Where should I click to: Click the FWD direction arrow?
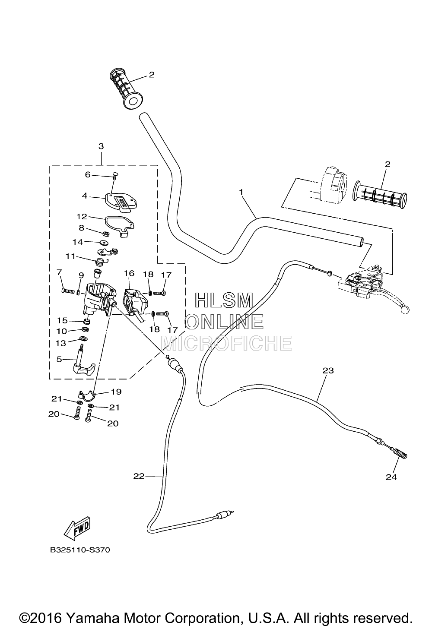tap(77, 528)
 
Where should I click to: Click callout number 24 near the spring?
tap(391, 477)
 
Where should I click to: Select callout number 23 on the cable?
tap(328, 371)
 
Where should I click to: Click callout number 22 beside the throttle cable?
tap(139, 476)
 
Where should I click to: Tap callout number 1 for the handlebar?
tap(241, 192)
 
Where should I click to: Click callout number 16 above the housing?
tap(129, 273)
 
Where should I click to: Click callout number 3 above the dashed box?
tap(101, 146)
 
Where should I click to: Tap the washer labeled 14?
tap(104, 242)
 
